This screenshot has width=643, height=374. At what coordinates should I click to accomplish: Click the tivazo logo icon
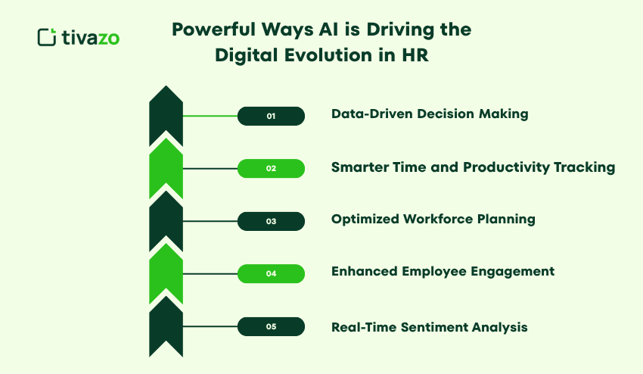[47, 37]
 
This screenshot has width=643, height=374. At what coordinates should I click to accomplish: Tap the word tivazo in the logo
[91, 37]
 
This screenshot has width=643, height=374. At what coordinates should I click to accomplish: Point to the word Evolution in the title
[328, 55]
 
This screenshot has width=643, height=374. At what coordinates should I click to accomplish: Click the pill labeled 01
[271, 116]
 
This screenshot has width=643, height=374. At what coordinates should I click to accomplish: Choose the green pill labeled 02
[271, 168]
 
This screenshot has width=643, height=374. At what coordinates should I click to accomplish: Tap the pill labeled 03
[271, 221]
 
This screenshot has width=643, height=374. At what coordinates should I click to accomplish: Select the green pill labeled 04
[271, 274]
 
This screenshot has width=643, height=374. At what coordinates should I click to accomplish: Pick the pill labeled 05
[271, 327]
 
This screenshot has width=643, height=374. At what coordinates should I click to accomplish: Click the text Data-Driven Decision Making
[430, 114]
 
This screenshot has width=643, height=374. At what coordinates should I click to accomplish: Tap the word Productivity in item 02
[506, 167]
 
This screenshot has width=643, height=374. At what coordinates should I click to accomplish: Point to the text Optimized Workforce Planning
[433, 220]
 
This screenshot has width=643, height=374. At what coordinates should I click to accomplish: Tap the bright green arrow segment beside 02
[166, 168]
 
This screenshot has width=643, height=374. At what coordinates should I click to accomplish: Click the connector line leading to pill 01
[210, 116]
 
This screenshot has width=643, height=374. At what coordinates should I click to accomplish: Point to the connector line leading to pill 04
[210, 274]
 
